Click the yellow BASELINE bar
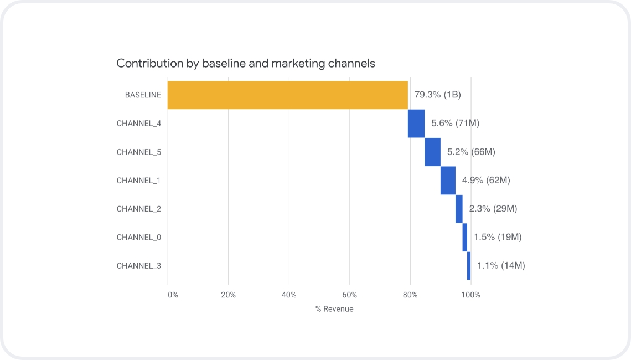(x=287, y=95)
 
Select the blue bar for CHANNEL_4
(x=416, y=124)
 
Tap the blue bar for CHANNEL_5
(x=432, y=152)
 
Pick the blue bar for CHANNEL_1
(x=448, y=181)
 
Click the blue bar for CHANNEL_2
(x=459, y=209)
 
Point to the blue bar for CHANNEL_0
(x=465, y=237)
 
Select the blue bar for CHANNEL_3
(x=469, y=266)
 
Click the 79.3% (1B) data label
(x=437, y=95)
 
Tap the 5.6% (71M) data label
(x=455, y=124)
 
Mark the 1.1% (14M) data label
(x=501, y=266)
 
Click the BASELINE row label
(x=143, y=95)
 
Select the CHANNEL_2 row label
(x=139, y=209)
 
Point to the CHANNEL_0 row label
(x=139, y=237)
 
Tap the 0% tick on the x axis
(x=173, y=295)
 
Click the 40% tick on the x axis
(x=289, y=295)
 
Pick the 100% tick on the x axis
(x=470, y=295)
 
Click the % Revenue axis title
(x=334, y=309)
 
